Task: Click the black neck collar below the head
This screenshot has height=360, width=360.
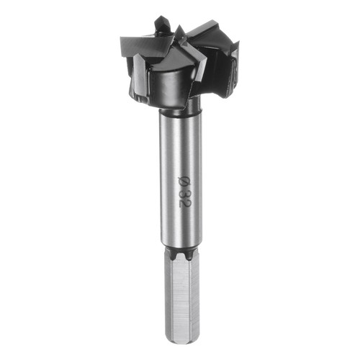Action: point(181,109)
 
